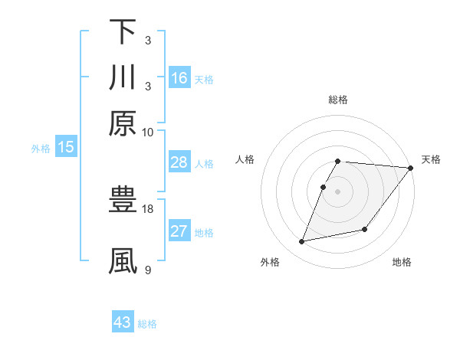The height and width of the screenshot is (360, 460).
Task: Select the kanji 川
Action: (123, 77)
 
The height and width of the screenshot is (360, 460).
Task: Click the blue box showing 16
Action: (179, 77)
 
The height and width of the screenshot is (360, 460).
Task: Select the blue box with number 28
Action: (179, 162)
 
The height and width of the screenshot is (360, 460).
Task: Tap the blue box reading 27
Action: (179, 231)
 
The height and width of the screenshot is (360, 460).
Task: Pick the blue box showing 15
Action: (66, 147)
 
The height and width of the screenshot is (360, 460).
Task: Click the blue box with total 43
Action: (123, 322)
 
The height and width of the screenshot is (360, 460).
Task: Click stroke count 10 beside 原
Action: (148, 132)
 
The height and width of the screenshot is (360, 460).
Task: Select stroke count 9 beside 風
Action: (148, 269)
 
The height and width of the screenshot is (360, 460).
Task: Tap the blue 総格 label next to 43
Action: (148, 324)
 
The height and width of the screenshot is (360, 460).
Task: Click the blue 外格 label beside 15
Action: (41, 149)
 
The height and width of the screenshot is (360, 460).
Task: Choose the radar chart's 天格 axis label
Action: (432, 159)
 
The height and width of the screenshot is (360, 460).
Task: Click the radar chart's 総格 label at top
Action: (338, 100)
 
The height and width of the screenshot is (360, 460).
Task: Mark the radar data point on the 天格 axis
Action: (411, 168)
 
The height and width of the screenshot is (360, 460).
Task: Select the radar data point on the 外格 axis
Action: (302, 242)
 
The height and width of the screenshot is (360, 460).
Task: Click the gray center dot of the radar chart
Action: (338, 191)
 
